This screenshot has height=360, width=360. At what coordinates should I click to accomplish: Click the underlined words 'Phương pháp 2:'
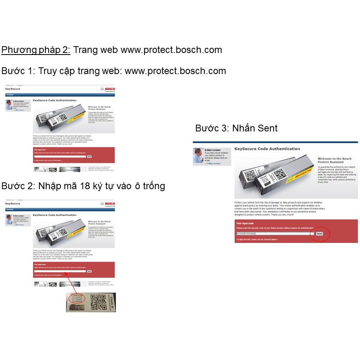[x=36, y=50]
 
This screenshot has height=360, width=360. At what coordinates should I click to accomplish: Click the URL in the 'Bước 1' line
[x=175, y=71]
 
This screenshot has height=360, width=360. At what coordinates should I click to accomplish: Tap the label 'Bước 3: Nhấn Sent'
[x=236, y=128]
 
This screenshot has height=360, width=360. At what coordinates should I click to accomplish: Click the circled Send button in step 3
[x=319, y=234]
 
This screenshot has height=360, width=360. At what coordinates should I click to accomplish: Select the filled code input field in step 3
[x=275, y=234]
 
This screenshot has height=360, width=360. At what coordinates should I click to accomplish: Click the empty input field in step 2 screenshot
[x=60, y=271]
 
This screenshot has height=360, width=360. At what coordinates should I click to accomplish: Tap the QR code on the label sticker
[x=98, y=302]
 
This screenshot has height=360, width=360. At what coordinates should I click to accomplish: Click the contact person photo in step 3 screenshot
[x=198, y=156]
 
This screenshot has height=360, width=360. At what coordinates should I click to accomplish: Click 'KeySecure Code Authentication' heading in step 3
[x=267, y=149]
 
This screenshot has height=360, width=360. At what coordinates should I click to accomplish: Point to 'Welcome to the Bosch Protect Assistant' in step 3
[x=335, y=160]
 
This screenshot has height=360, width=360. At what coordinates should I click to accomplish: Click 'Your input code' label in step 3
[x=245, y=223]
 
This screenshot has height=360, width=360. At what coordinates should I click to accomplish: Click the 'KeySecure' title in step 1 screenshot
[x=13, y=89]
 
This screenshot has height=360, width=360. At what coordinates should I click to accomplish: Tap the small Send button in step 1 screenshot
[x=89, y=157]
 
